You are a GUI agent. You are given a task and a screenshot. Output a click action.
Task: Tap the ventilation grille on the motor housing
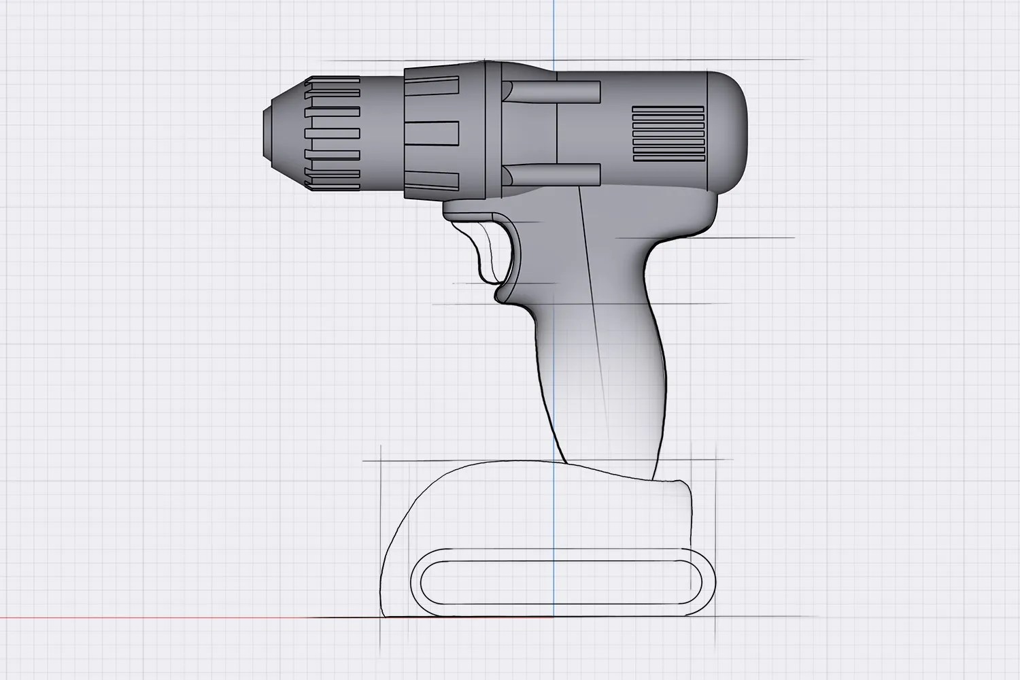coord(667,133)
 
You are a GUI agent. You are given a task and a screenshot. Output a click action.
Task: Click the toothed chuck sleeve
coord(333,132)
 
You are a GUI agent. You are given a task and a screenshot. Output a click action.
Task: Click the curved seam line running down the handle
coord(596,326)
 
